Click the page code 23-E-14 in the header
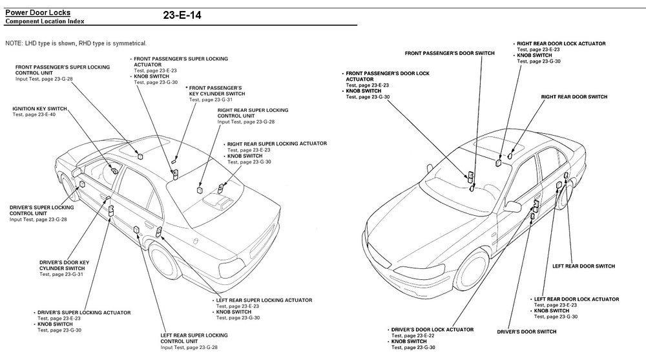click(x=182, y=14)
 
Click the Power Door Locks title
click(x=38, y=12)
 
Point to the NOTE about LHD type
click(x=76, y=43)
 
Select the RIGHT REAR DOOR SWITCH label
click(x=574, y=96)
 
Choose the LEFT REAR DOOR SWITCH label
click(x=583, y=266)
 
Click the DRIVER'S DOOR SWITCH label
click(x=526, y=332)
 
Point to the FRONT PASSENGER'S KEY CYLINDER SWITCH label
click(x=215, y=90)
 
